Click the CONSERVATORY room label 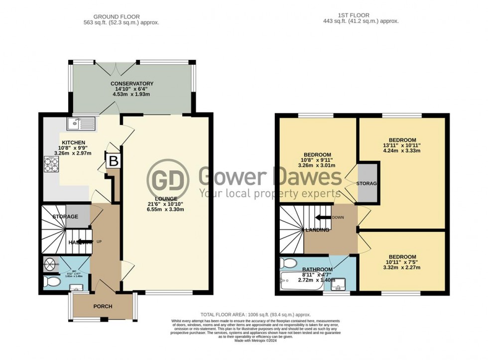(x=132, y=84)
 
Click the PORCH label (x=103, y=306)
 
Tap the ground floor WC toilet (x=51, y=282)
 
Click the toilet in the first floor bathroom (x=288, y=262)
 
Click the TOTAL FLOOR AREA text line (x=255, y=315)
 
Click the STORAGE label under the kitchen (x=65, y=217)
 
